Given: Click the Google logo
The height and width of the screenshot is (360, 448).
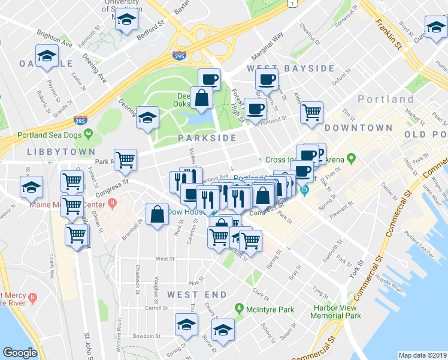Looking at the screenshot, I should [20, 353].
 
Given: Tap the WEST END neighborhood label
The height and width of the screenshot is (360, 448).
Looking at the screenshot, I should [197, 295].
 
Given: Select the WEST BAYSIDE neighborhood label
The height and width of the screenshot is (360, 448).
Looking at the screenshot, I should [290, 68].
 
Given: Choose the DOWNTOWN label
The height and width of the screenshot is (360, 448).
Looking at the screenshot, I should [358, 128].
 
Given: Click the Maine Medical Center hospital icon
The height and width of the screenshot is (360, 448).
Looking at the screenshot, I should [112, 203].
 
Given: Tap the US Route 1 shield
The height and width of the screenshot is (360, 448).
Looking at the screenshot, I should [292, 4].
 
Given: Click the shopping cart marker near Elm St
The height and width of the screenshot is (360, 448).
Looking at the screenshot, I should [311, 112].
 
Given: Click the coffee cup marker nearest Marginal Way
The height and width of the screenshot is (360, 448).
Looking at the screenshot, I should [266, 79].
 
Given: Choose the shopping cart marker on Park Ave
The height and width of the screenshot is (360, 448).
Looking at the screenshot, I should [125, 159].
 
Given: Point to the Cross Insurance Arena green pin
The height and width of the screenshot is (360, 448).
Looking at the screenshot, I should [352, 160].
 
